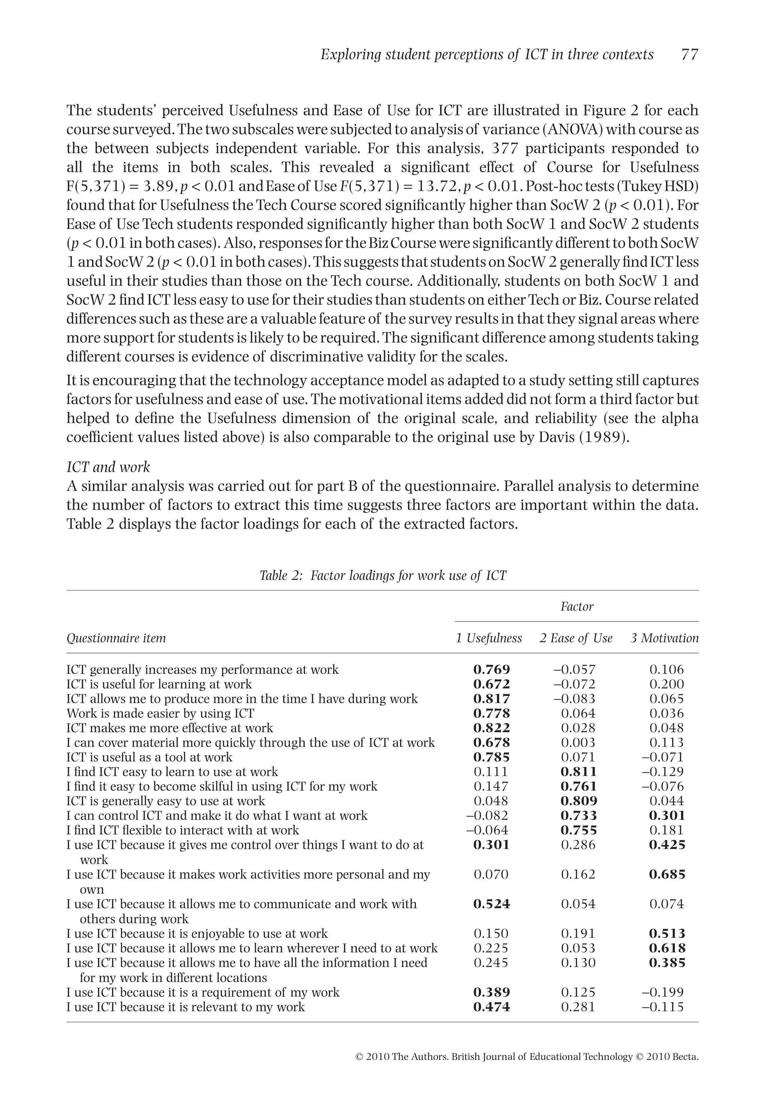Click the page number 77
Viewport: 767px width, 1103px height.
tap(689, 55)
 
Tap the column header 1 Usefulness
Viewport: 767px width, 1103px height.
tap(489, 638)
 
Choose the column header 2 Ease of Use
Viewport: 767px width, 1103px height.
tap(576, 638)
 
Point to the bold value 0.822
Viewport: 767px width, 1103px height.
tap(491, 728)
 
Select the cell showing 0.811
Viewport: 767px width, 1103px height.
tap(579, 772)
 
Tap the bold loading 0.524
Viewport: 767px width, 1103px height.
tap(491, 904)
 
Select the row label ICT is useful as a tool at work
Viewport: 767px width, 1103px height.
tap(149, 757)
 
